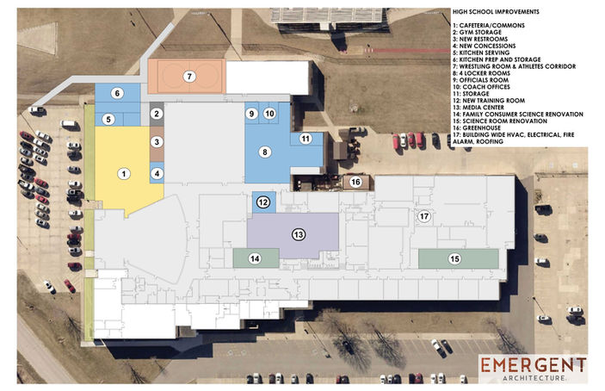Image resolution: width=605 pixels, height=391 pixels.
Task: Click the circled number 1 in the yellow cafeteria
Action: tap(124, 174)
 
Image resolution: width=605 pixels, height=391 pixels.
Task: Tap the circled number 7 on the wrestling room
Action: tap(189, 77)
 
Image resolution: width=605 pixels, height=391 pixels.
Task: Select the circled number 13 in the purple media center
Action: tap(299, 234)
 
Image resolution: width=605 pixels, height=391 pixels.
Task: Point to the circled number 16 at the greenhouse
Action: tap(355, 182)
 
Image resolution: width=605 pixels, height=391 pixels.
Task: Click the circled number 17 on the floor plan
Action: tap(424, 216)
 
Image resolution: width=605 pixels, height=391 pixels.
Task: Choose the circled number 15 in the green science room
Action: tap(454, 258)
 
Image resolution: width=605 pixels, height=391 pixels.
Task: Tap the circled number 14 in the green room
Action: tap(255, 258)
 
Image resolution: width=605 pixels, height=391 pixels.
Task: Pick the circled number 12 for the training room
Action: tap(263, 202)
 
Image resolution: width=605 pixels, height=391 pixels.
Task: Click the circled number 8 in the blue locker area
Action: tap(265, 152)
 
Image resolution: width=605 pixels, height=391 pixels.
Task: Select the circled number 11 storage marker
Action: tap(306, 139)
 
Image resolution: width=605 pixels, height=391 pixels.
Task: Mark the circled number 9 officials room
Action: tap(251, 114)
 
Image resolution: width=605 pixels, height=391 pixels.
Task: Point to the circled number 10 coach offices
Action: tap(269, 114)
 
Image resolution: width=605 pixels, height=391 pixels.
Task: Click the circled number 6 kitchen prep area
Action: tap(117, 93)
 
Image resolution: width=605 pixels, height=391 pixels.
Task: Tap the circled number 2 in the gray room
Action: tap(157, 114)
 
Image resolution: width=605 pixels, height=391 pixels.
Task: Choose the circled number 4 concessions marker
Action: tap(157, 174)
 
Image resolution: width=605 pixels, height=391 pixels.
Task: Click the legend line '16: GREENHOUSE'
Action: tap(477, 127)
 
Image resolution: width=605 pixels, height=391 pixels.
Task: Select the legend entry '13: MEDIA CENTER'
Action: tap(478, 108)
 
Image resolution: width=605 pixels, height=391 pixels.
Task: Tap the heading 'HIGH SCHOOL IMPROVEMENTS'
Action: tap(496, 12)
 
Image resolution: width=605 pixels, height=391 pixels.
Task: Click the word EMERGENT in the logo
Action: tap(534, 365)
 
